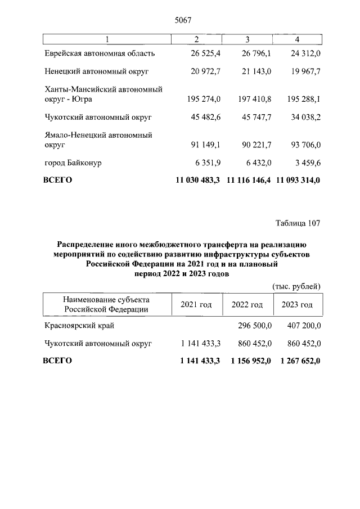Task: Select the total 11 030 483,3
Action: click(199, 181)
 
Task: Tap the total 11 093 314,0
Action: click(298, 181)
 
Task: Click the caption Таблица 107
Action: click(298, 223)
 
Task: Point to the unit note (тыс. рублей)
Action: click(296, 286)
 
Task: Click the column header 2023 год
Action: click(297, 304)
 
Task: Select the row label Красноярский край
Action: click(79, 326)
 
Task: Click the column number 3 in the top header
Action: click(247, 38)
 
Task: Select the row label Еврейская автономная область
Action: click(99, 53)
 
